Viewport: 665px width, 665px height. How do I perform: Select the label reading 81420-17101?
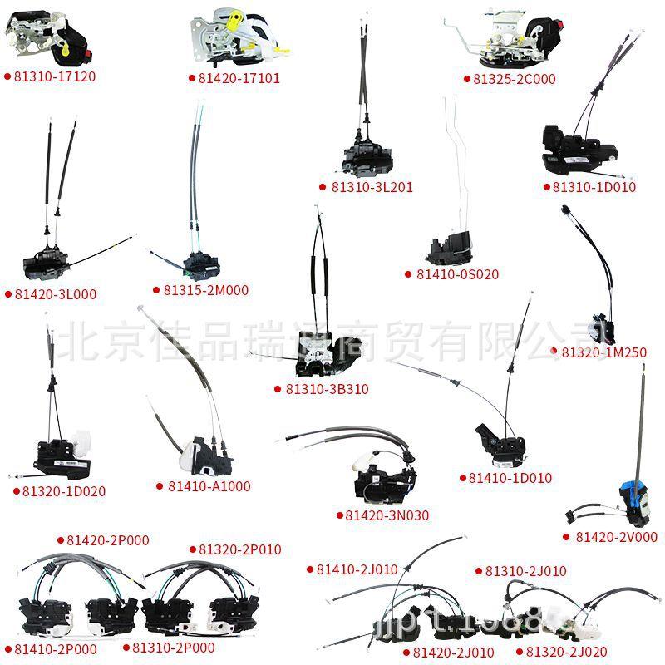coord(239,79)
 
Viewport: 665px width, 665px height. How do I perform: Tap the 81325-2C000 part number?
coord(514,80)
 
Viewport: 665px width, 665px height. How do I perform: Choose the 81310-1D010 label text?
coord(594,187)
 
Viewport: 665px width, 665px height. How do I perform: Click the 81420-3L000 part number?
coord(55,293)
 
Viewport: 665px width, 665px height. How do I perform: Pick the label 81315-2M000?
coord(207,290)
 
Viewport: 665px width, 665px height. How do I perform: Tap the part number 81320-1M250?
coord(604,353)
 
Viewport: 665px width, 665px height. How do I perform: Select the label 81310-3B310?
coord(327,388)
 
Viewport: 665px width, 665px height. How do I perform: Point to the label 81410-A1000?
coord(209,486)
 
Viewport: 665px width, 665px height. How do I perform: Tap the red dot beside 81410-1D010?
coord(463,478)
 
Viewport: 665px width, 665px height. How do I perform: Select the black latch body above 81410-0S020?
coord(448,242)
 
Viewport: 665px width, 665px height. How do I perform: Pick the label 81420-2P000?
coord(108,540)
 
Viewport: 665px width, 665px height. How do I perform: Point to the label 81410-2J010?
coord(357,569)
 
